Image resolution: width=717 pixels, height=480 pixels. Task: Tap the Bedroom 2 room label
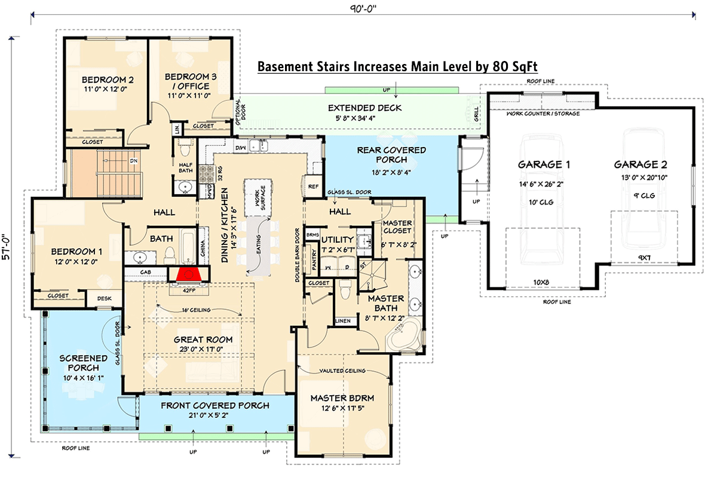(108, 80)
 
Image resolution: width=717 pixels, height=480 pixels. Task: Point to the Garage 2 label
(640, 164)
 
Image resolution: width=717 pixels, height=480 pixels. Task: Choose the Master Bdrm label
(342, 398)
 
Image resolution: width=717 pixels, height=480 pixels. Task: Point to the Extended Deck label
(364, 108)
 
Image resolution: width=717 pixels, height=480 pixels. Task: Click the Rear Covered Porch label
(391, 155)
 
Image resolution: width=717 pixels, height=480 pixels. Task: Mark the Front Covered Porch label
(215, 405)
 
